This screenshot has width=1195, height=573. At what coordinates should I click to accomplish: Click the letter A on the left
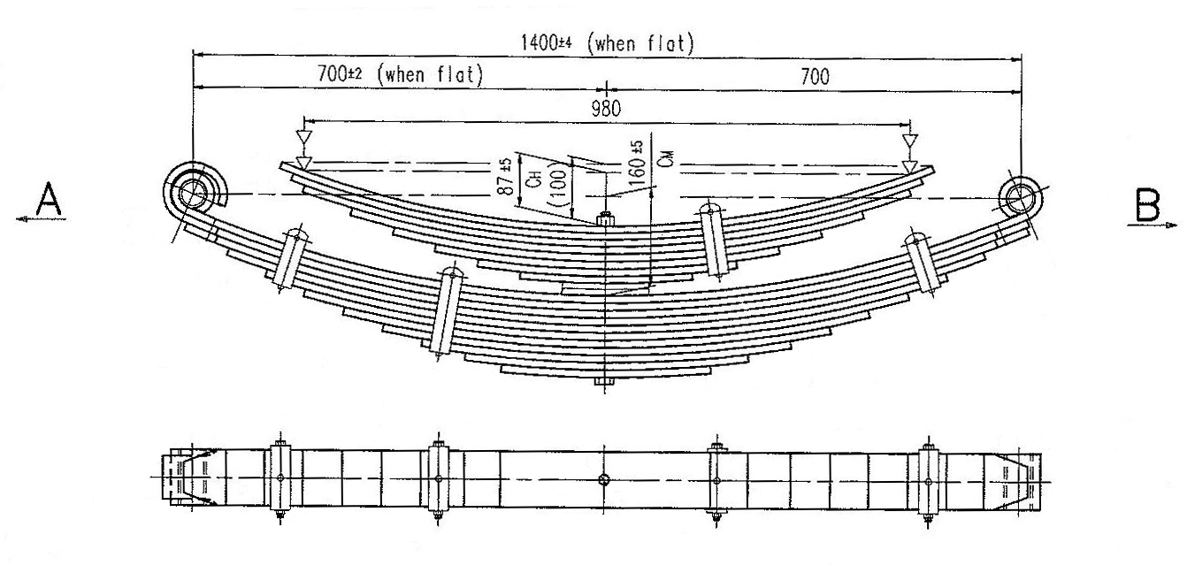click(x=49, y=200)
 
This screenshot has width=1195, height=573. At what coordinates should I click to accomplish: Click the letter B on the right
click(x=1147, y=205)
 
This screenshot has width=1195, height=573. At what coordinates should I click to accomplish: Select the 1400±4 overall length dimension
click(x=546, y=42)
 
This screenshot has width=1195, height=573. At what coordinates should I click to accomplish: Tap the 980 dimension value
click(x=606, y=109)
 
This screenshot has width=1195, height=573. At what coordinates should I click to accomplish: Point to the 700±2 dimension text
click(x=340, y=73)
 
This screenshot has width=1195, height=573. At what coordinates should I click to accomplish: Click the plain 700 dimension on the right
click(x=815, y=77)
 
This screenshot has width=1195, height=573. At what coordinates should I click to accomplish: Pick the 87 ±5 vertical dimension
click(x=508, y=177)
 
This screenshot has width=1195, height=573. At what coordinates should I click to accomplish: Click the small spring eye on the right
click(x=1020, y=198)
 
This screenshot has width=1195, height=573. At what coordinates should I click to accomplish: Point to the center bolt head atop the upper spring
click(x=605, y=218)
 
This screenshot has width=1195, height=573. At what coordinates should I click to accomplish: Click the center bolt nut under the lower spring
click(x=604, y=381)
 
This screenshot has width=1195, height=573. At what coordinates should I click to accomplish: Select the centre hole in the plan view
click(x=604, y=479)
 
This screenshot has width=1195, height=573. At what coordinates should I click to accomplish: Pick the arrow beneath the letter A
click(x=41, y=218)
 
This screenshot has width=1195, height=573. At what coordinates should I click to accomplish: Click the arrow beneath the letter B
click(x=1153, y=225)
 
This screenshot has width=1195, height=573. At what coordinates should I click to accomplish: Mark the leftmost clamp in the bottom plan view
click(x=280, y=478)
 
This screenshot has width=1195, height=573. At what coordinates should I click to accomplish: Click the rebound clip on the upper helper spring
click(x=714, y=240)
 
